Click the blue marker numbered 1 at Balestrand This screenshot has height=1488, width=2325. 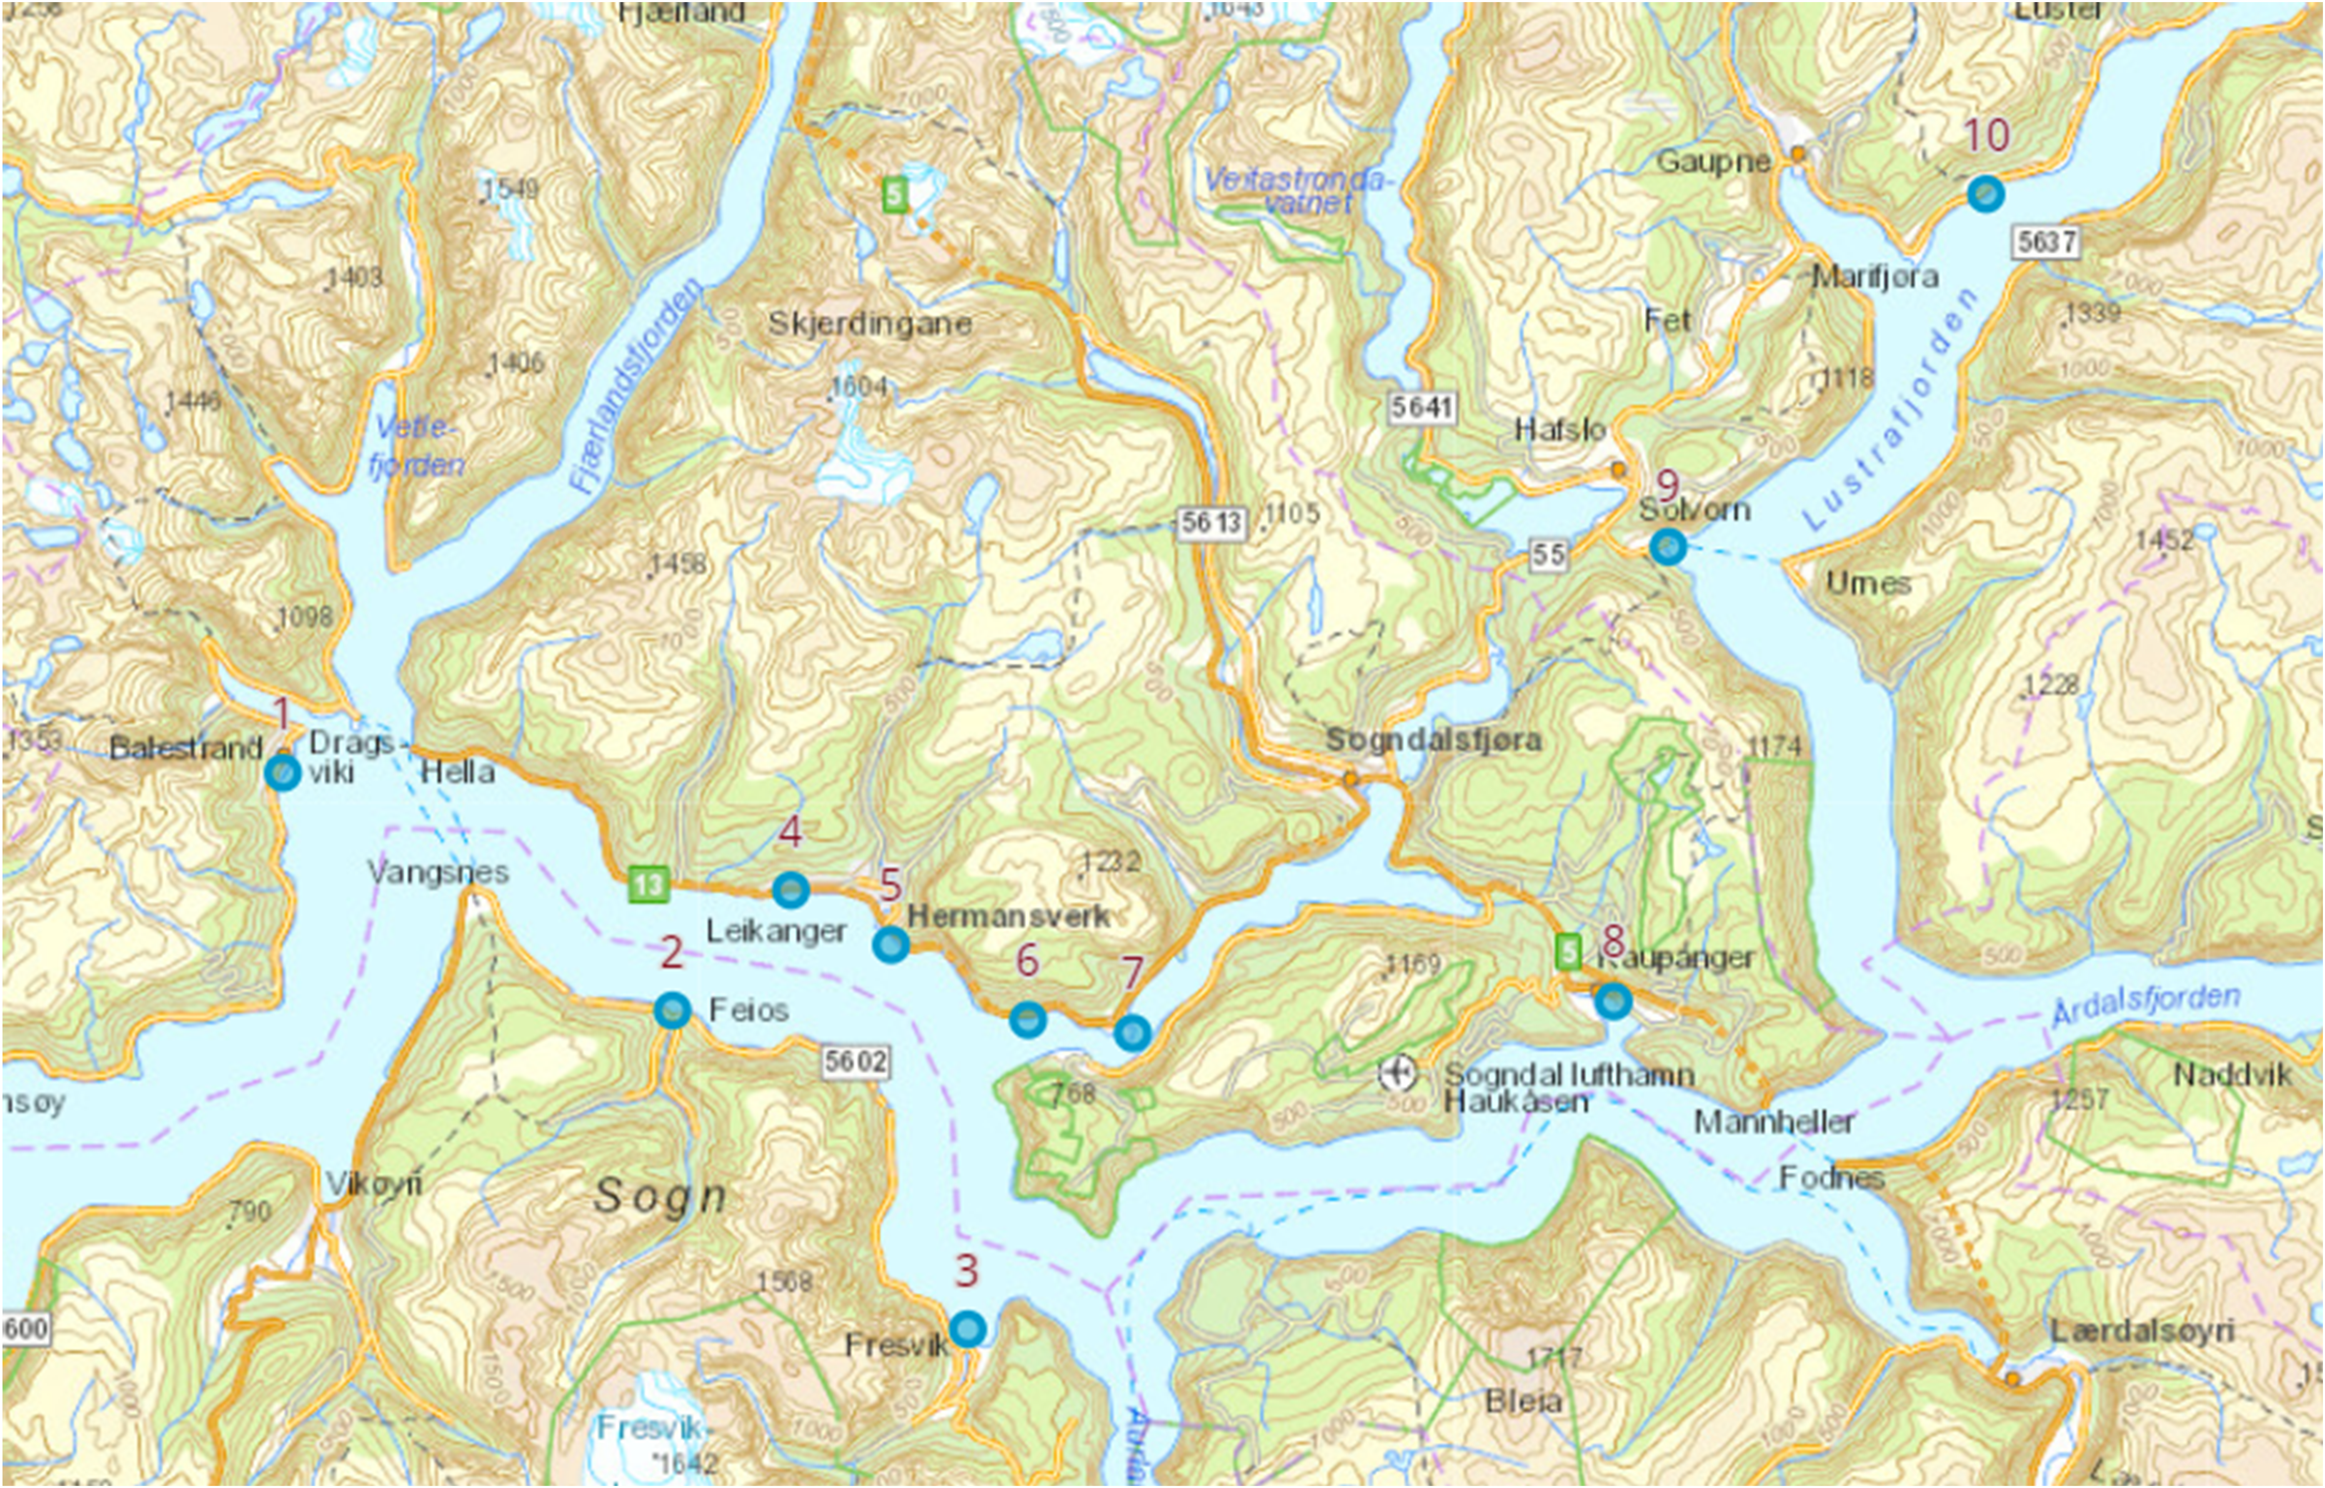(282, 773)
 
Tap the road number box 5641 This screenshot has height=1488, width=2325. (1422, 407)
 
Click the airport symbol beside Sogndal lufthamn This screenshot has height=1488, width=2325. (1397, 1073)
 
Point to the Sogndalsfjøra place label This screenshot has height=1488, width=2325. (1433, 740)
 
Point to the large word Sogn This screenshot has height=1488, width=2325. (660, 1196)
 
